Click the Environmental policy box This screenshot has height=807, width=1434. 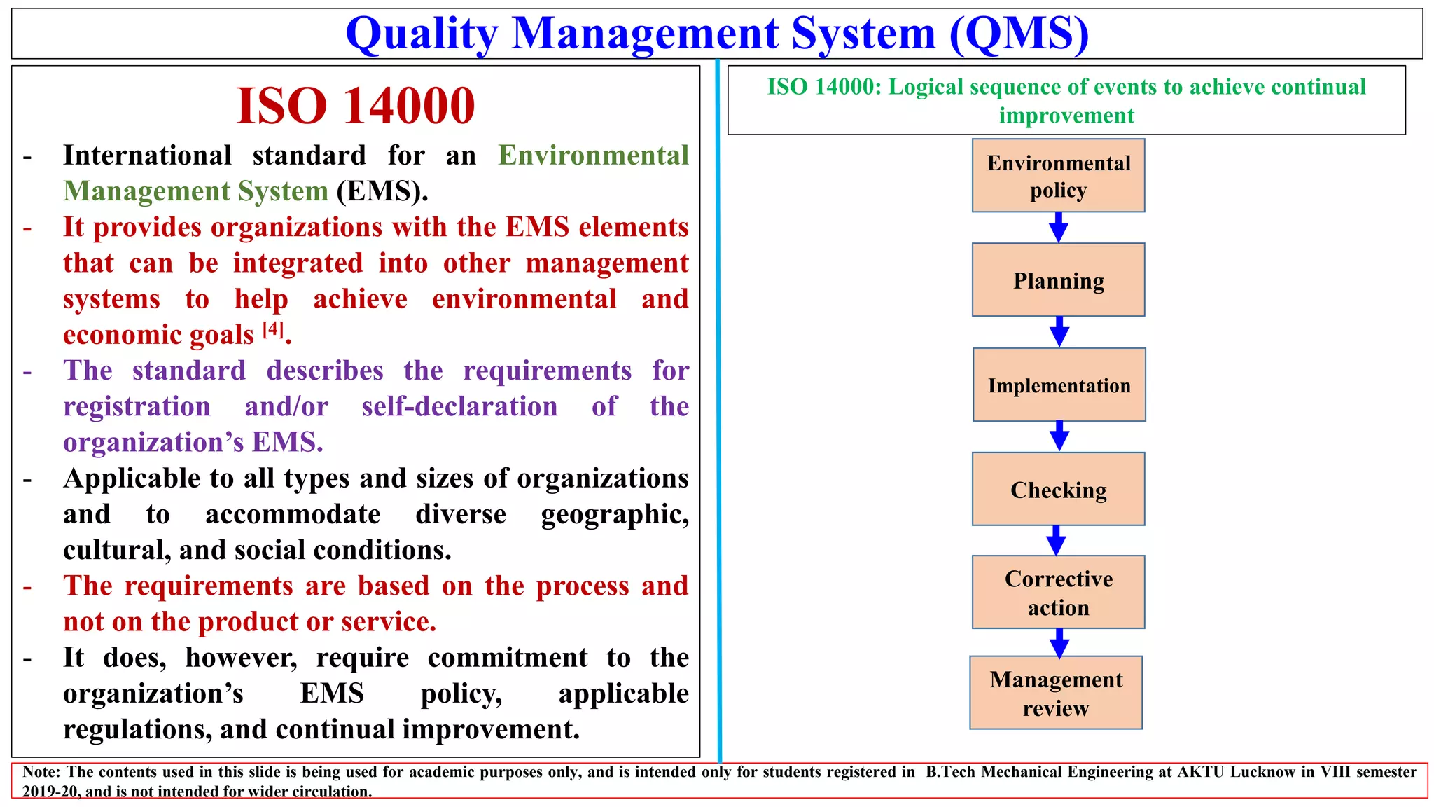tap(1058, 176)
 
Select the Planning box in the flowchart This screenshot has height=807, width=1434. tap(1058, 280)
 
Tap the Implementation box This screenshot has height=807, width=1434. tap(1059, 385)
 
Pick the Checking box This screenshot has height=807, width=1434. tap(1058, 489)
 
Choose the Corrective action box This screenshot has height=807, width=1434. tap(1058, 592)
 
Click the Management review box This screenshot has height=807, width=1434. tap(1056, 693)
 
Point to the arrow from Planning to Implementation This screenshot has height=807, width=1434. tap(1059, 332)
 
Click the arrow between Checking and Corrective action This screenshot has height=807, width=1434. tap(1056, 541)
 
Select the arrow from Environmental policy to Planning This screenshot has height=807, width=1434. tap(1059, 228)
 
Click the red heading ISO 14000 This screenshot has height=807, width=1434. tap(356, 106)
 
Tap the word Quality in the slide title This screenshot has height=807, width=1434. tap(422, 34)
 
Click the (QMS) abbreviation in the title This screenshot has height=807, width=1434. tap(1019, 34)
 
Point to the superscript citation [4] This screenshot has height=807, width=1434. tap(273, 329)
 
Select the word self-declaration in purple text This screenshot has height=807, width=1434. tap(459, 406)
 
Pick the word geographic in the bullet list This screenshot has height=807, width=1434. tap(614, 514)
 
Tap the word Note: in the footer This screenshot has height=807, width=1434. tap(41, 772)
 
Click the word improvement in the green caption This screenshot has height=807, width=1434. tap(1066, 116)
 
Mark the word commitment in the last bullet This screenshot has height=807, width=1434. tap(508, 658)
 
